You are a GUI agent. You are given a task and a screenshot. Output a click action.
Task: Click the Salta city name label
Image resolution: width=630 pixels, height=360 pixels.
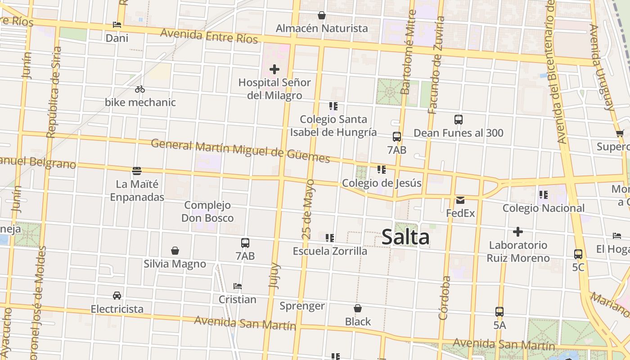pyautogui.click(x=405, y=237)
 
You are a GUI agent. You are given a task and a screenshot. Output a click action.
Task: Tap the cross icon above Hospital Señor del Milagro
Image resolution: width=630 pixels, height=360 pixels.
pyautogui.click(x=274, y=69)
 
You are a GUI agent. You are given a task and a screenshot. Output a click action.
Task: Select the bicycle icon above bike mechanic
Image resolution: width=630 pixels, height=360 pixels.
pyautogui.click(x=140, y=89)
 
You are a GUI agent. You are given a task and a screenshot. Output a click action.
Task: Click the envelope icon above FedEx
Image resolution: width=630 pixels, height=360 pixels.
pyautogui.click(x=460, y=200)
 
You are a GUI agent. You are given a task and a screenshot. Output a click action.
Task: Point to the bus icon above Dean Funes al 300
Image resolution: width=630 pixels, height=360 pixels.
pyautogui.click(x=459, y=120)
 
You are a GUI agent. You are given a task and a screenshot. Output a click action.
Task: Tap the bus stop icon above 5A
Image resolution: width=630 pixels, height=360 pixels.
pyautogui.click(x=499, y=311)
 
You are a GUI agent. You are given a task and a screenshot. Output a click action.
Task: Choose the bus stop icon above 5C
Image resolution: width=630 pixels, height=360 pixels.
pyautogui.click(x=578, y=254)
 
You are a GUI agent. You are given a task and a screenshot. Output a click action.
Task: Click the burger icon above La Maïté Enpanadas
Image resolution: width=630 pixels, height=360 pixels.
pyautogui.click(x=137, y=171)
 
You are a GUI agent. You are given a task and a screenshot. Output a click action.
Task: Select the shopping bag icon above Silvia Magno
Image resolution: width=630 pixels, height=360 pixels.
pyautogui.click(x=175, y=251)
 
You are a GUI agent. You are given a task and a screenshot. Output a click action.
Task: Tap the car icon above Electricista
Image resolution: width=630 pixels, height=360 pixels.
pyautogui.click(x=117, y=296)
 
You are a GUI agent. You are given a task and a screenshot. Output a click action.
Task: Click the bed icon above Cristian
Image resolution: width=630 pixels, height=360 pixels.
pyautogui.click(x=238, y=286)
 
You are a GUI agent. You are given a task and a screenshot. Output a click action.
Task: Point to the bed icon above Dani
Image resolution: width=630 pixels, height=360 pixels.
pyautogui.click(x=117, y=25)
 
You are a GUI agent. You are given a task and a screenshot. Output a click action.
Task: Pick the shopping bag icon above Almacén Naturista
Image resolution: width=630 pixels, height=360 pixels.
pyautogui.click(x=322, y=15)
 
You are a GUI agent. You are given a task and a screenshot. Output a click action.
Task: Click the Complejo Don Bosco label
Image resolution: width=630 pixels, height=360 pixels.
pyautogui.click(x=207, y=211)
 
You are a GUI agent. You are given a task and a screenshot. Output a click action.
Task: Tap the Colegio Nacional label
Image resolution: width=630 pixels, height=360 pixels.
pyautogui.click(x=544, y=208)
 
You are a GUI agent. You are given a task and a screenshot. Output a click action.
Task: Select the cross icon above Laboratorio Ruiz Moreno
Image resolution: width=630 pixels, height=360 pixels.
pyautogui.click(x=518, y=232)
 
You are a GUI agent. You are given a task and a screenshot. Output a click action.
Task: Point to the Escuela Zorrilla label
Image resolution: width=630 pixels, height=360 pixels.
pyautogui.click(x=330, y=251)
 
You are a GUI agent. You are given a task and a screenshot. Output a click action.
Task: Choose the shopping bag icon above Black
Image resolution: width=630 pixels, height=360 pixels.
pyautogui.click(x=358, y=308)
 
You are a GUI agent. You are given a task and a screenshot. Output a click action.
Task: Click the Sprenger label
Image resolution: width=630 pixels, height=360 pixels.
pyautogui.click(x=302, y=306)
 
